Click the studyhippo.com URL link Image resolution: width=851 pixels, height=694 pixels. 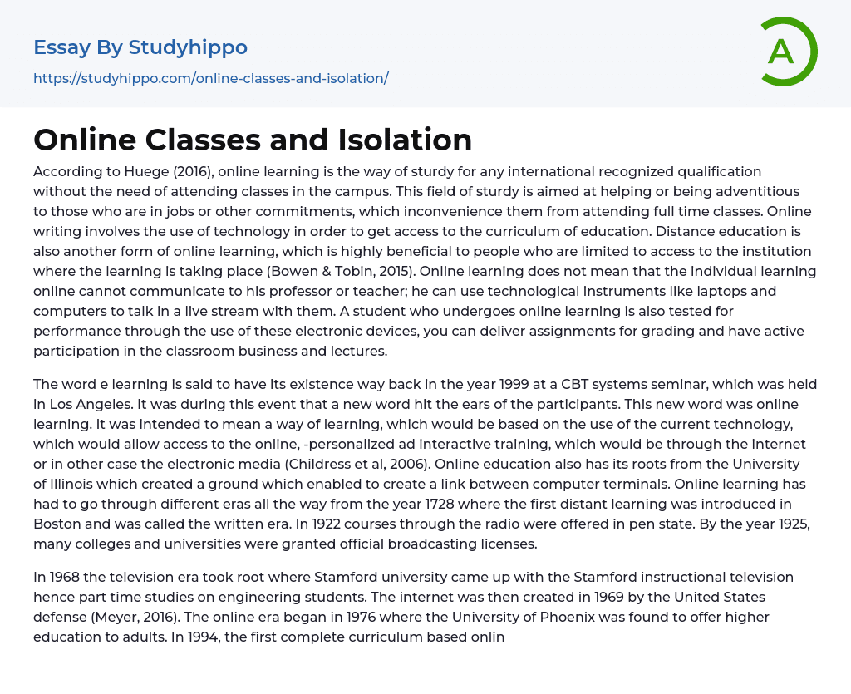point(211,78)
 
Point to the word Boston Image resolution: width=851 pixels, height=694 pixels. point(57,524)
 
